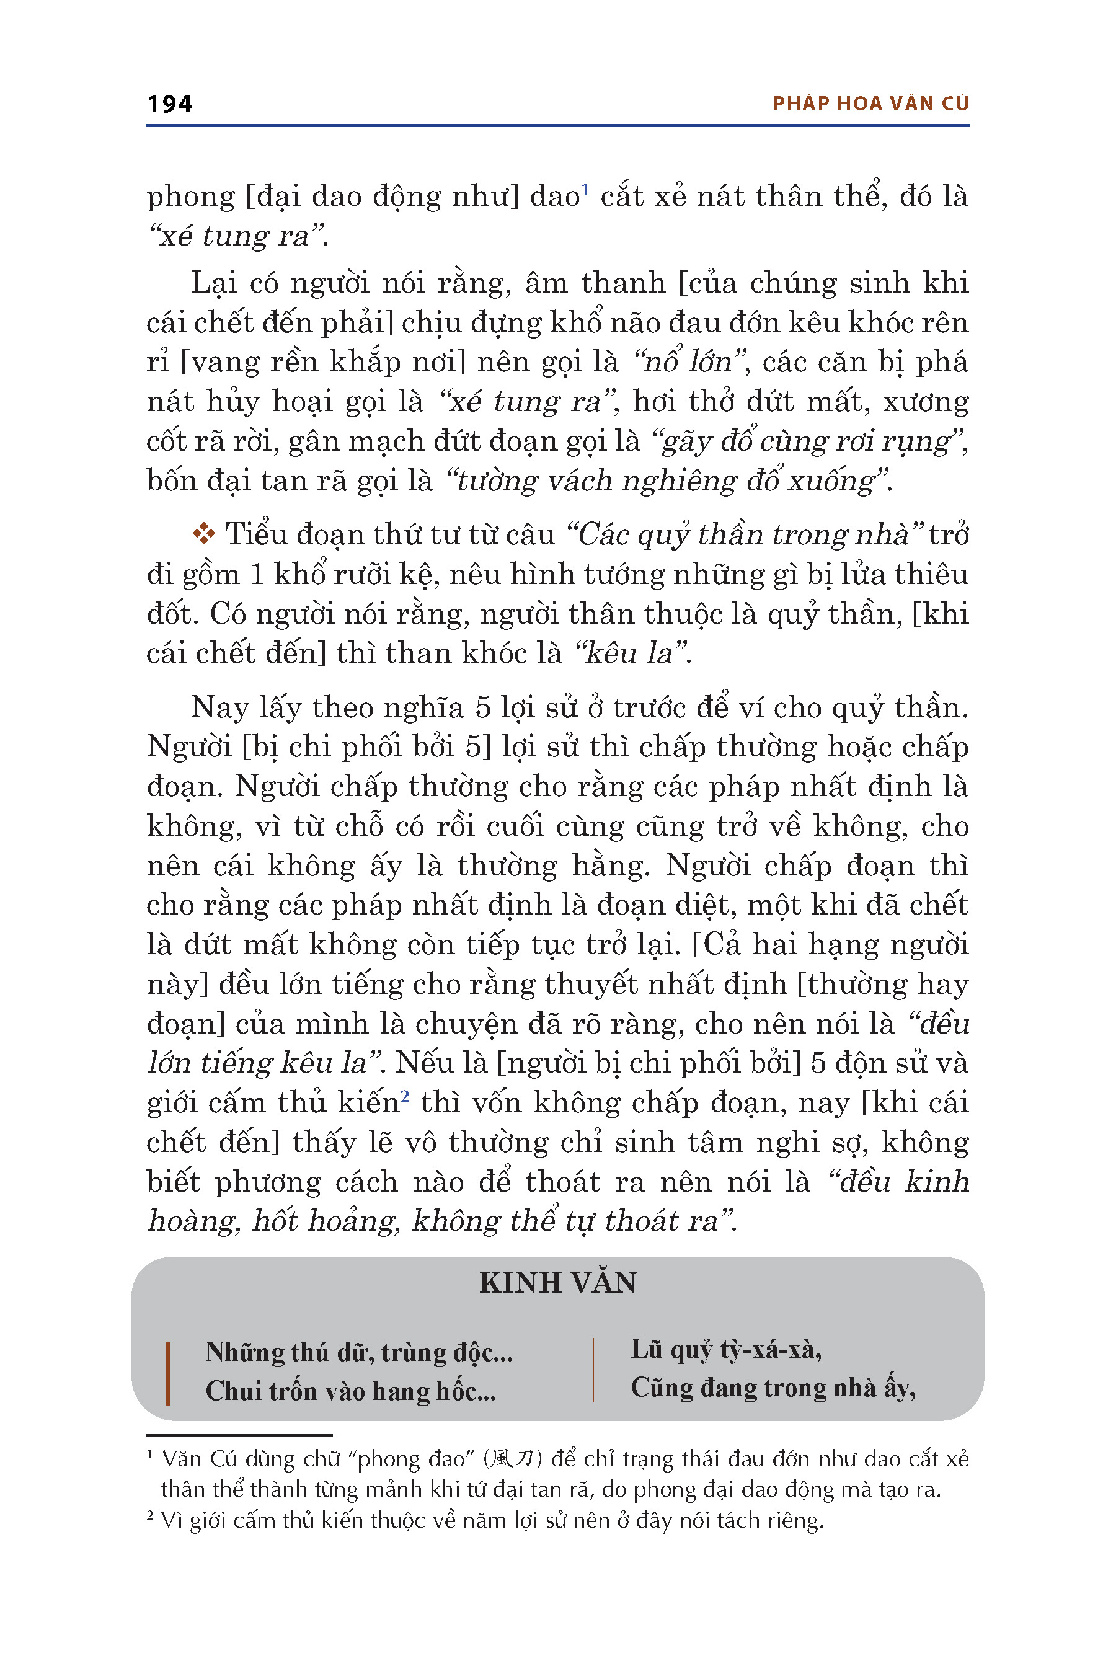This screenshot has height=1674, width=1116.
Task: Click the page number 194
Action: (169, 104)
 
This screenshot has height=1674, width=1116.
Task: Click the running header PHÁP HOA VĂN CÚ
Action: (870, 104)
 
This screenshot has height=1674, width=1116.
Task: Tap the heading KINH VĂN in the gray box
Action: (557, 1283)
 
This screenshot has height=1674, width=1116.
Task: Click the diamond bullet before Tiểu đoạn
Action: (203, 534)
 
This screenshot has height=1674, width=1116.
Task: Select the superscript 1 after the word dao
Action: (585, 189)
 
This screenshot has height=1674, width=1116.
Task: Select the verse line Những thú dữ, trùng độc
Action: (359, 1352)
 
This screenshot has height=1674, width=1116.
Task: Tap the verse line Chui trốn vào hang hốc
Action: (351, 1391)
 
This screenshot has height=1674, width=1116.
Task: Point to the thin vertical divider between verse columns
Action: (593, 1370)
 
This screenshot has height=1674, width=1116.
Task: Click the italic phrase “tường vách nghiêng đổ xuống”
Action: (666, 481)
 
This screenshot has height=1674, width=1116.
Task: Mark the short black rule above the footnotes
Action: (239, 1435)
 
